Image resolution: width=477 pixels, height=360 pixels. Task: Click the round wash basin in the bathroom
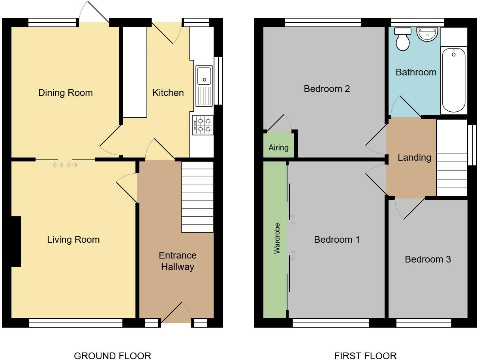pos(427,34)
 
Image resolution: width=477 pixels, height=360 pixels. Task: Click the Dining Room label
pos(66,93)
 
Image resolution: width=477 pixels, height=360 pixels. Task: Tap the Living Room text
pos(73,240)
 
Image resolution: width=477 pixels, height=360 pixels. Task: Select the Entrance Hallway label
pos(178,261)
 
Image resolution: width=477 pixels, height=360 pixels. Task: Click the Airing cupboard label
pos(278,148)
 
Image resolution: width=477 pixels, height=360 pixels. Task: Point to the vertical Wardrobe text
pos(277,238)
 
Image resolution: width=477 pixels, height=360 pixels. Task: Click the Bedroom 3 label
pos(428,259)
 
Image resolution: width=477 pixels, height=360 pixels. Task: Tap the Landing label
pos(414,157)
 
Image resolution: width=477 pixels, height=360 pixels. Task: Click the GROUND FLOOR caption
pos(113,356)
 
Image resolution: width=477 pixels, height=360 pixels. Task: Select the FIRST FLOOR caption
pos(365,356)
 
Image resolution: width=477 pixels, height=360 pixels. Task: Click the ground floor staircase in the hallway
pos(197,197)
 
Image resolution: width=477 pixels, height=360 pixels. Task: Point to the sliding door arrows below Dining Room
pos(65,165)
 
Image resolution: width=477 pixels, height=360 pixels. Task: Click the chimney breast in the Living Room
pos(16,242)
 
